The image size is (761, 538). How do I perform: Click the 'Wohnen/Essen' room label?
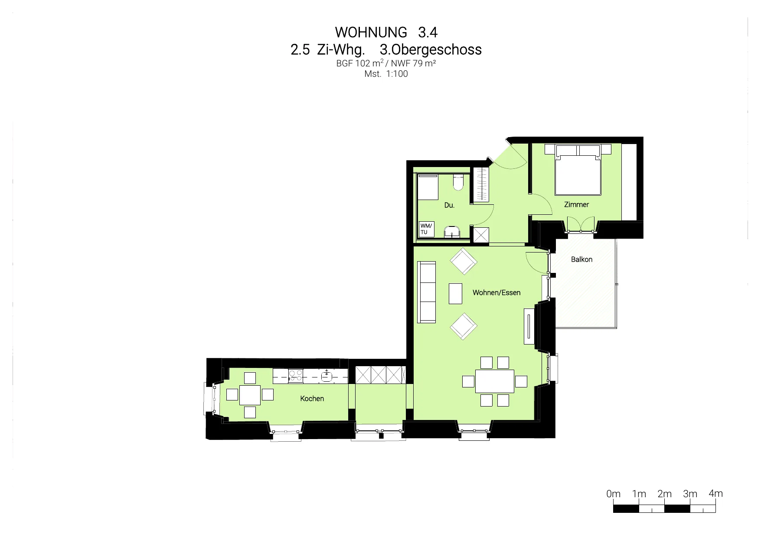(496, 293)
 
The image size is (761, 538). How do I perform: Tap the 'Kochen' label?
(312, 398)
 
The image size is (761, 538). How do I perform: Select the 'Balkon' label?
(581, 259)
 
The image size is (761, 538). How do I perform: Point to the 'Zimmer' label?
(576, 204)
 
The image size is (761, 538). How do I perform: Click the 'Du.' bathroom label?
(449, 205)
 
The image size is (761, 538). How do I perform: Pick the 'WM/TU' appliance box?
(426, 229)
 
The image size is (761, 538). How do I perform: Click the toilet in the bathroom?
(458, 182)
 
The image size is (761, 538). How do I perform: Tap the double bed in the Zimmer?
(578, 170)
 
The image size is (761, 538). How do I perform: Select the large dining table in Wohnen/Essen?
(494, 381)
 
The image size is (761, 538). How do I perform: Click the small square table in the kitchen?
(250, 395)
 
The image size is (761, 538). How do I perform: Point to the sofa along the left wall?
(426, 292)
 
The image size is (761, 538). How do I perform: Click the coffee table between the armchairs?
(455, 293)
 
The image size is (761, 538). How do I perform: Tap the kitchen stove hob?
(296, 375)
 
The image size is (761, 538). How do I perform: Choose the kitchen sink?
(327, 376)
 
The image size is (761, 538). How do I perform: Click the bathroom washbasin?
(452, 232)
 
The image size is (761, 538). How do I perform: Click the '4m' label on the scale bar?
(715, 493)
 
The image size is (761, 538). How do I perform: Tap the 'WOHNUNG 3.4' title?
(386, 32)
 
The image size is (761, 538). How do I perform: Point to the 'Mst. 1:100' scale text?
(386, 74)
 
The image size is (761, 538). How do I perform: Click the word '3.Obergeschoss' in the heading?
(431, 49)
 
